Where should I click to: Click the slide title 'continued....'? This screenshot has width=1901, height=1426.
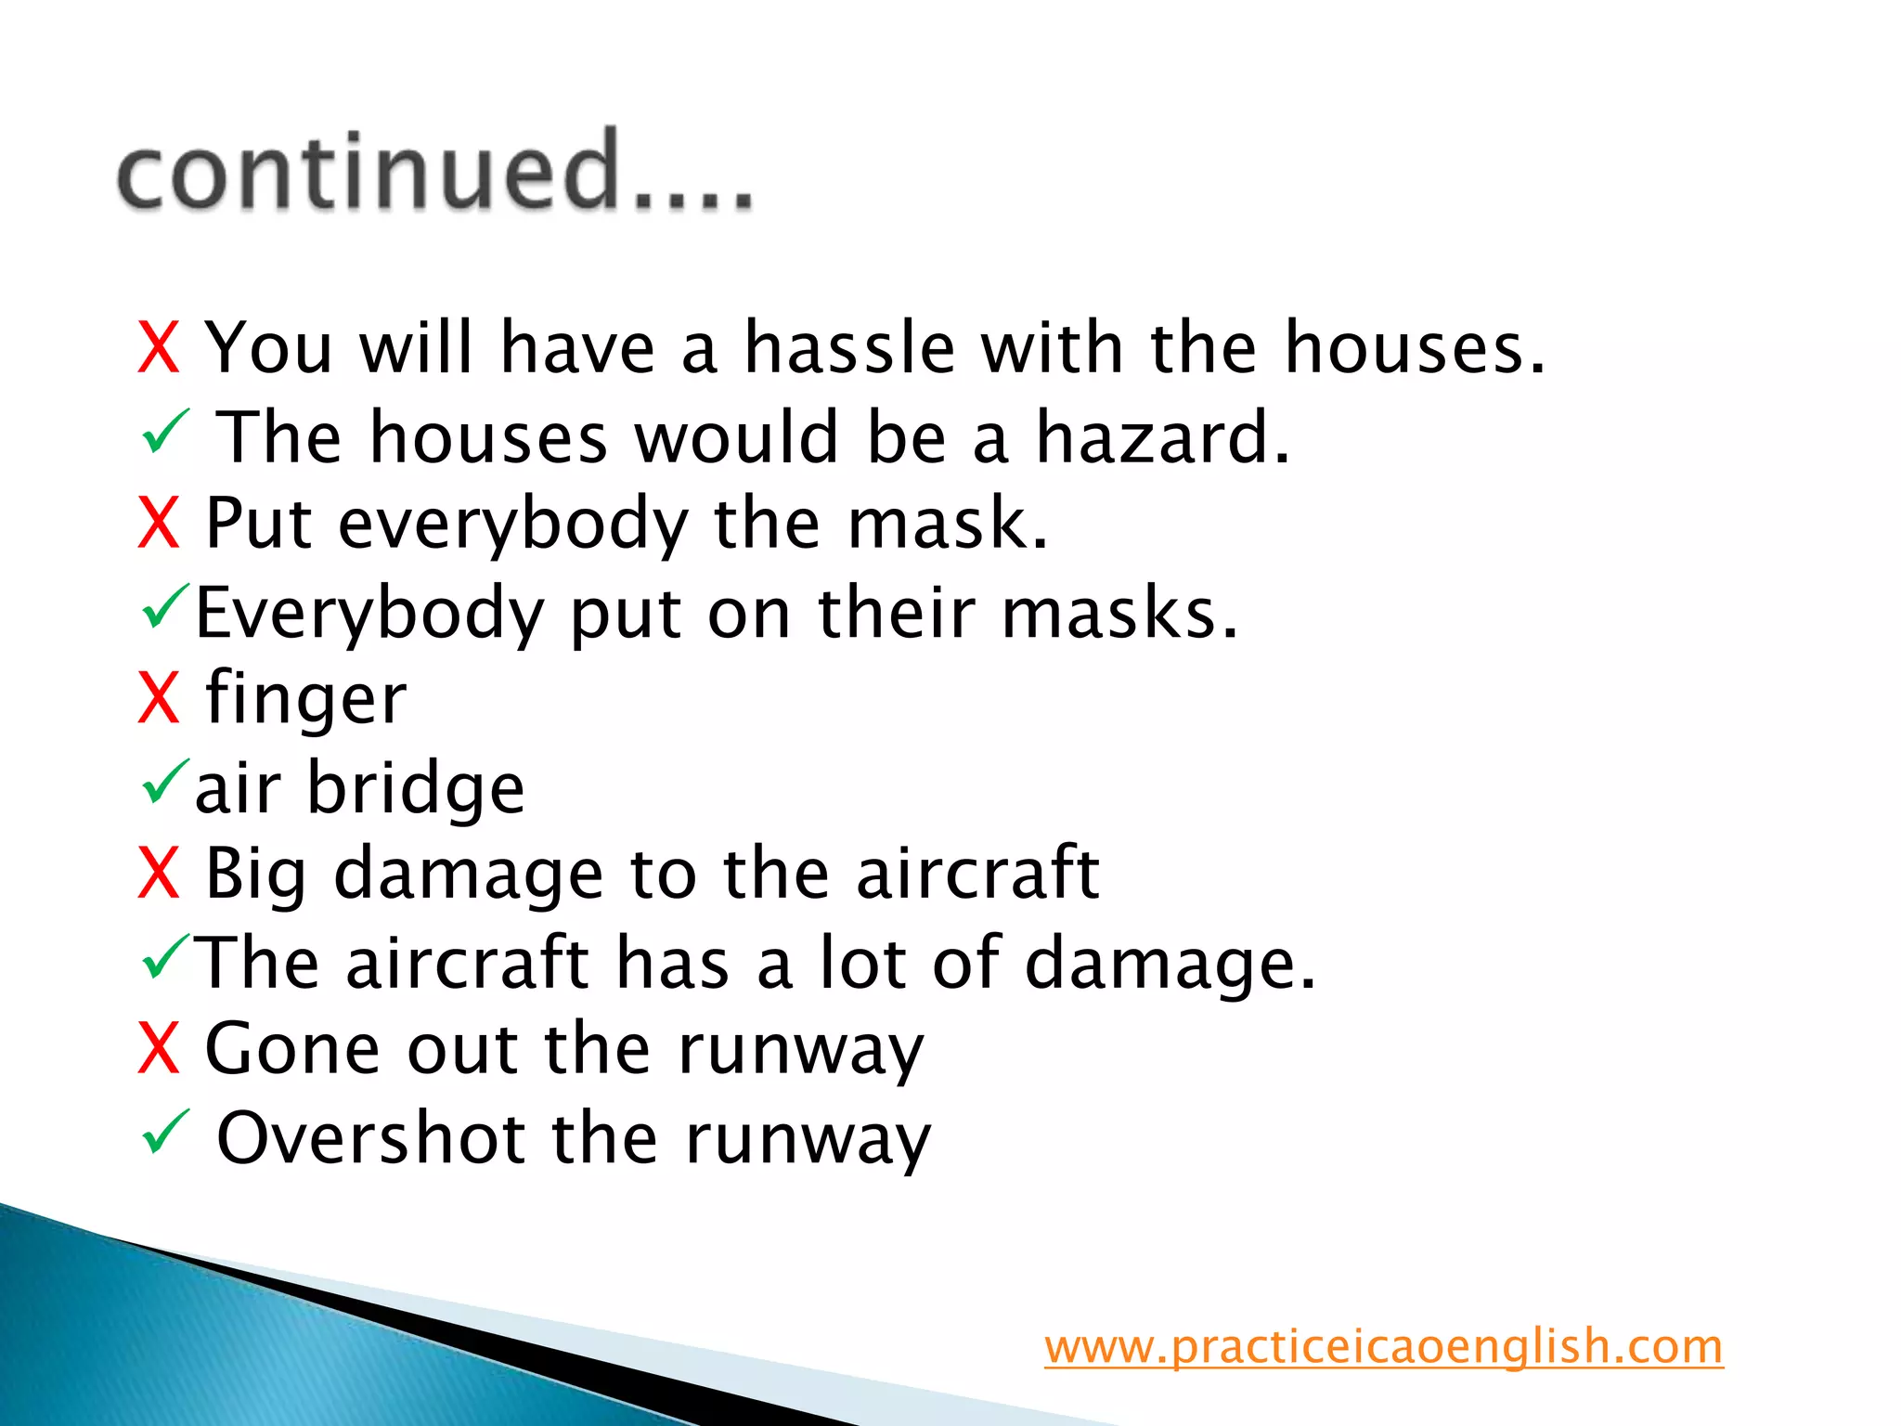(x=434, y=171)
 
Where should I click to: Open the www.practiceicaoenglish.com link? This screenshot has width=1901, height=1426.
(x=1383, y=1346)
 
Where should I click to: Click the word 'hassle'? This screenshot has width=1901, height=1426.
(x=849, y=348)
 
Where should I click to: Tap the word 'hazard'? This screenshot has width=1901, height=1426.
(x=1160, y=437)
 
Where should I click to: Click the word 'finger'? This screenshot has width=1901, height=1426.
(x=305, y=699)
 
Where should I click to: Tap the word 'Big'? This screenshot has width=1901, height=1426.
(x=255, y=875)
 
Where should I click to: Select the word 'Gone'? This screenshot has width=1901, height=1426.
(x=292, y=1050)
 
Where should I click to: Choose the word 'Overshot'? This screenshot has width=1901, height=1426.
(x=370, y=1138)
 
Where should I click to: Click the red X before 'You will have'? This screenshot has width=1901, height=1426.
(x=158, y=348)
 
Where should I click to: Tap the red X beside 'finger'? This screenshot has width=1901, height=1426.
(x=158, y=699)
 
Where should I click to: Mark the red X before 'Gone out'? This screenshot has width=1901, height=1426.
(x=158, y=1050)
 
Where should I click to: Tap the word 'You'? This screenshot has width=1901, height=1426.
(x=268, y=348)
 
